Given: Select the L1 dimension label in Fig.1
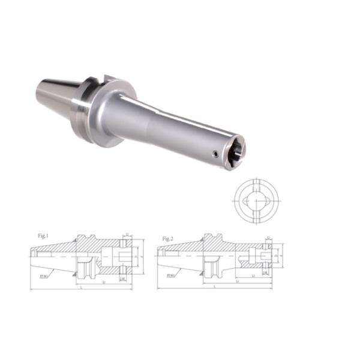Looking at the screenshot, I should [x=105, y=281].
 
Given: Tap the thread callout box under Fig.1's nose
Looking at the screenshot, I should [x=122, y=278].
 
